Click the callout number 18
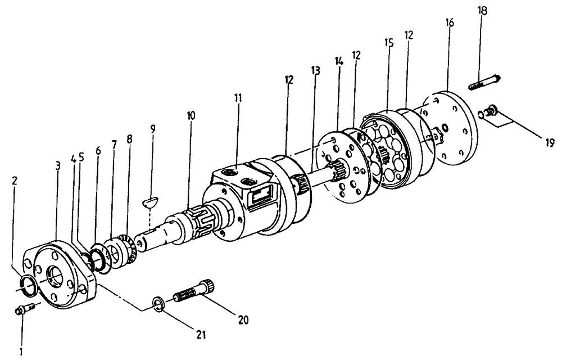483,11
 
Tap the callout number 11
238,97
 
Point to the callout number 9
152,129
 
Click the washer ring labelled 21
158,304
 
